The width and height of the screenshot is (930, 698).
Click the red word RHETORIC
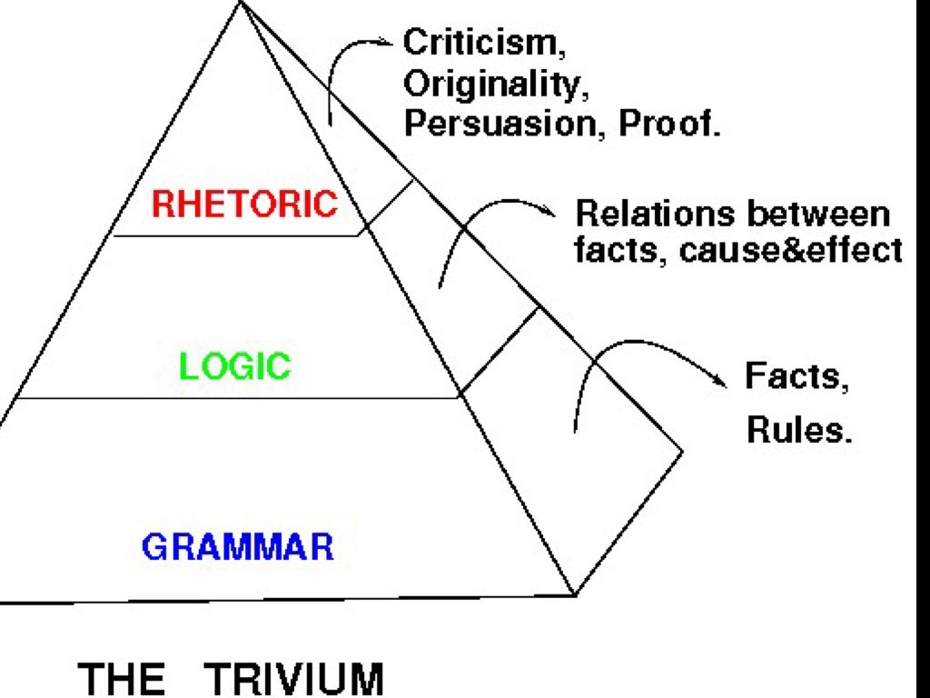click(x=243, y=204)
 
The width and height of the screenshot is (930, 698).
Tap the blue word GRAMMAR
click(x=238, y=547)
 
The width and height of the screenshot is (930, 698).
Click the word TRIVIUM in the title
click(x=295, y=679)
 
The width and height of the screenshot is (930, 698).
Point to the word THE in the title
click(x=123, y=679)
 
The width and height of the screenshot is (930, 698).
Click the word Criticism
click(x=478, y=42)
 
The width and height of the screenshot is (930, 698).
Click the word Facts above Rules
click(x=796, y=375)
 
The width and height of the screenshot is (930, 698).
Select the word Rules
click(x=799, y=430)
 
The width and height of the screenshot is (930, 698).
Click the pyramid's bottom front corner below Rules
click(x=575, y=594)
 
